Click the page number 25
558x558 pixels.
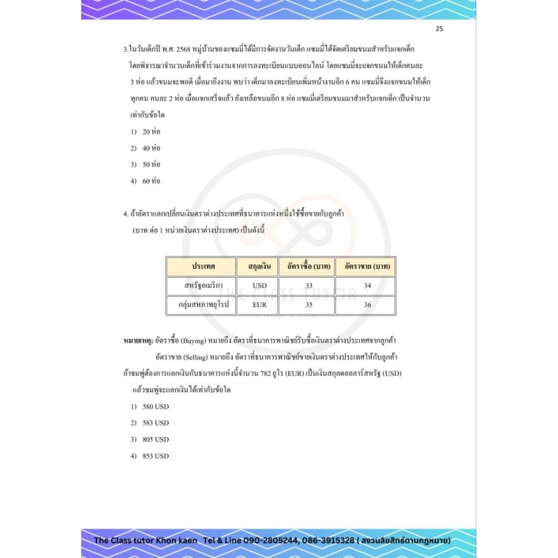[x=439, y=29]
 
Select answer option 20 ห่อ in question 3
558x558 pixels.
[x=151, y=132]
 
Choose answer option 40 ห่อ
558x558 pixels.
[x=151, y=148]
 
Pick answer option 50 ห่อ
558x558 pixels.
[x=151, y=165]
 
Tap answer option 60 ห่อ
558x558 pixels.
[x=151, y=181]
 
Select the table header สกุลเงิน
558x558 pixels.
[x=257, y=266]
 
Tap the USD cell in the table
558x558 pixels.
[x=260, y=286]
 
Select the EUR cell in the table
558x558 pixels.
[x=260, y=305]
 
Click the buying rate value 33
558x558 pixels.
[x=308, y=286]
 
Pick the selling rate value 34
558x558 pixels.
[x=367, y=286]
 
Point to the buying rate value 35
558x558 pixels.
[x=308, y=305]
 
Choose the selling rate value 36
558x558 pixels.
[x=367, y=305]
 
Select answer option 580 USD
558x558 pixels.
[x=155, y=407]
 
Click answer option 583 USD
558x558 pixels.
[x=155, y=423]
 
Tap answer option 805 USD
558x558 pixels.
[x=155, y=439]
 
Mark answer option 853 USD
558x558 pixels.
[x=155, y=456]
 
